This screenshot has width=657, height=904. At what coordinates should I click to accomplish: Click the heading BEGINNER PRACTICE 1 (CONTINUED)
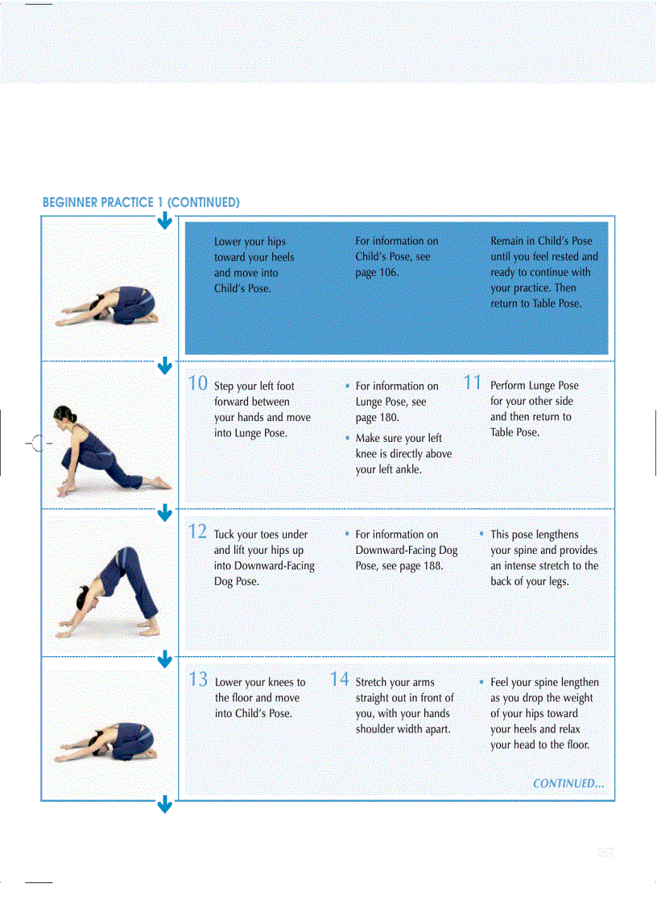click(x=141, y=202)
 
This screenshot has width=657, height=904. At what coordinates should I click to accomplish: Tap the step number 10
click(x=198, y=383)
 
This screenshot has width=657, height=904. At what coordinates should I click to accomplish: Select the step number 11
click(x=473, y=383)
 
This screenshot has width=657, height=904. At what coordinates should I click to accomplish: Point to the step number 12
click(x=198, y=531)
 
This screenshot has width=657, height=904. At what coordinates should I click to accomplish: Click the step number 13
click(x=198, y=679)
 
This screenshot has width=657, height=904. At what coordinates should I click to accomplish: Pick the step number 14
click(x=340, y=679)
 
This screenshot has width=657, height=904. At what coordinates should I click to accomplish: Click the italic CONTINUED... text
click(x=568, y=783)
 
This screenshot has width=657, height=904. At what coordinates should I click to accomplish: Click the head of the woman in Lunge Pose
click(x=64, y=418)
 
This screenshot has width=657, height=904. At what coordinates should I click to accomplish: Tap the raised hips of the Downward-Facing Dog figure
click(x=126, y=555)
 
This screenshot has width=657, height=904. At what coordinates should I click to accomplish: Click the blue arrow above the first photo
click(x=164, y=221)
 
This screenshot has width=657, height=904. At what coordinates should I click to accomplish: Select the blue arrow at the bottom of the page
click(x=164, y=804)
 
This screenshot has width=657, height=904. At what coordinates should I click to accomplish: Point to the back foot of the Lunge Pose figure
click(x=162, y=483)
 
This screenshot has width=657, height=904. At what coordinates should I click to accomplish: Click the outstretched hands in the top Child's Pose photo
click(x=64, y=321)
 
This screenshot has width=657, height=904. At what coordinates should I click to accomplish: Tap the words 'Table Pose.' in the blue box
click(x=556, y=304)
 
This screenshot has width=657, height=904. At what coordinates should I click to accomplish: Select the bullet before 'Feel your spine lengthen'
click(x=481, y=683)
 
